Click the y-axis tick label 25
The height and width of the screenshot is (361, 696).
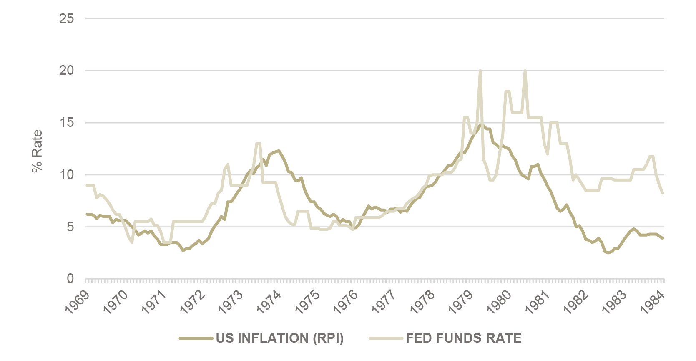(67, 18)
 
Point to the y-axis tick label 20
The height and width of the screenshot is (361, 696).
(67, 71)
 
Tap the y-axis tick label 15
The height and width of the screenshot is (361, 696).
(67, 123)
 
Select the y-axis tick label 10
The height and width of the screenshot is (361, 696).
(67, 175)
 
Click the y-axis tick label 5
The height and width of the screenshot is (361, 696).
(70, 227)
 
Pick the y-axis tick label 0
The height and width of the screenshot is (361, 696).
(70, 279)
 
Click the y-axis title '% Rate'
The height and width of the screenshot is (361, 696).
(38, 151)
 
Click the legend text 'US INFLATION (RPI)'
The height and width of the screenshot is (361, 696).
(280, 338)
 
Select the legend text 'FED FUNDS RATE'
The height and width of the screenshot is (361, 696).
(464, 338)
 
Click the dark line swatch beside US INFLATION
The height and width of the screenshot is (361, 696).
(196, 338)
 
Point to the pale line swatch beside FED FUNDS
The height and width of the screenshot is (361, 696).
(386, 338)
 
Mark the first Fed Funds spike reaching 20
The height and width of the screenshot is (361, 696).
(480, 71)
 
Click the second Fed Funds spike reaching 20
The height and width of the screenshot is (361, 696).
(525, 71)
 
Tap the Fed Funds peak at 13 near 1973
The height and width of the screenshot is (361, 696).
(258, 144)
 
